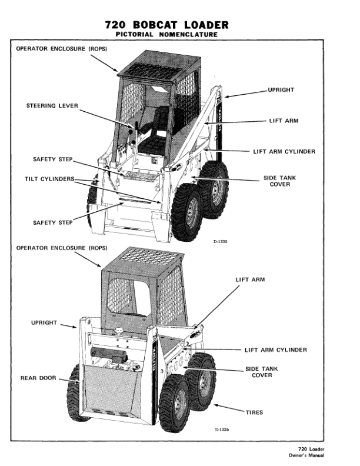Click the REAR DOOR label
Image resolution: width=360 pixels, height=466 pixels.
pos(39,378)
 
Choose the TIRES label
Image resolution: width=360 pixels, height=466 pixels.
pos(254,412)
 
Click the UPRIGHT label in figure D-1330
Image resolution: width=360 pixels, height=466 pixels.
pos(281,90)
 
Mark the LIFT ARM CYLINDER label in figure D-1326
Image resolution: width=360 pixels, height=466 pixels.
pos(275,349)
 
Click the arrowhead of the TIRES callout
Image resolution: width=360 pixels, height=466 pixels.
pos(215,405)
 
